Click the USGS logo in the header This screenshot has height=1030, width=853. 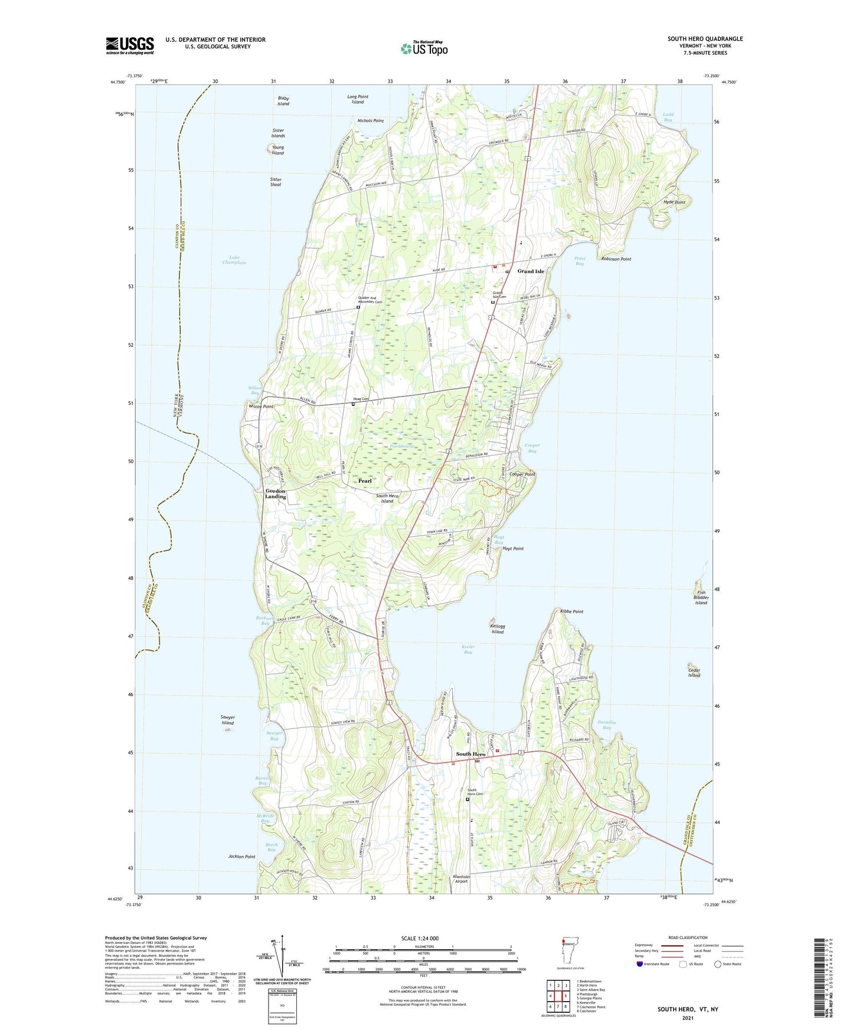coord(129,45)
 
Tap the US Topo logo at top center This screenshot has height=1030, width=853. coord(424,48)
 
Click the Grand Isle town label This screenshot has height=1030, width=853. coord(531,271)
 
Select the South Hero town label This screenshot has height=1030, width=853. coord(470,754)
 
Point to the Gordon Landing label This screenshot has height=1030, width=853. coord(275,494)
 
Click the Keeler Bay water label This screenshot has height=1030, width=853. coord(468,649)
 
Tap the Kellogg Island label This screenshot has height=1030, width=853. coord(498,629)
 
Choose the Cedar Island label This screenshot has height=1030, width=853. coord(694,673)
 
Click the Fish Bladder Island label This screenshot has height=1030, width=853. coord(701,598)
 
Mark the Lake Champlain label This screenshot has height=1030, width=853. coord(238,260)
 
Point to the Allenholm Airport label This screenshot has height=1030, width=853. coord(461,878)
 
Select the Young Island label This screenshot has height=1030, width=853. coord(277,150)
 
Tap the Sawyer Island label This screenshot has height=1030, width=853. coord(228,720)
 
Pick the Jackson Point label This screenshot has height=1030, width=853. coord(242,857)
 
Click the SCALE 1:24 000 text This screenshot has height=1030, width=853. coord(420,939)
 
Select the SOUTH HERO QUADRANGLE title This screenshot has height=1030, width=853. coord(705,39)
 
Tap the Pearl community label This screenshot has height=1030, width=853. coord(365,481)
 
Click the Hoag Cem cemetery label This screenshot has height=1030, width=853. coord(361,399)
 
